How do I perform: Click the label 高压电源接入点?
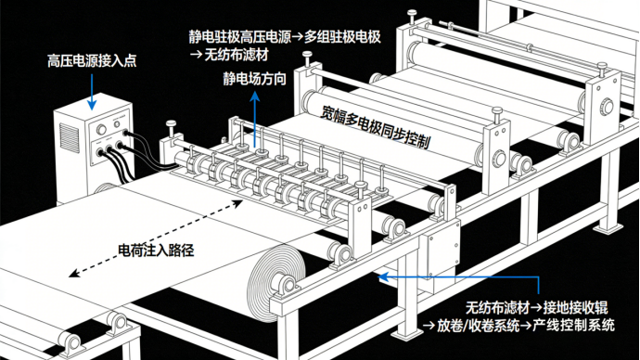tap(92, 61)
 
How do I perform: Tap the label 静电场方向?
tap(255, 79)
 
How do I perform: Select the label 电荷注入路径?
tap(156, 251)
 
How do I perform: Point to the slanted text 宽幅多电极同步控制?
tap(375, 127)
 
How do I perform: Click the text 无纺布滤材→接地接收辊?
tap(536, 307)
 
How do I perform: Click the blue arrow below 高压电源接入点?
tap(92, 92)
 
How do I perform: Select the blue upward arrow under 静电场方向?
tap(255, 119)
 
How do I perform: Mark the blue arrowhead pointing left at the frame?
tap(382, 277)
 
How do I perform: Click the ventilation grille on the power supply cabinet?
tap(69, 138)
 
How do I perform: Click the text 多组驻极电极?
tap(342, 37)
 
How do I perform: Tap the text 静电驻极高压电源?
tap(239, 37)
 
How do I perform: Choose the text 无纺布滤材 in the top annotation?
tap(236, 55)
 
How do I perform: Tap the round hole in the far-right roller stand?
tap(607, 107)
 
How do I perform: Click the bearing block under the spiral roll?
tap(286, 286)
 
